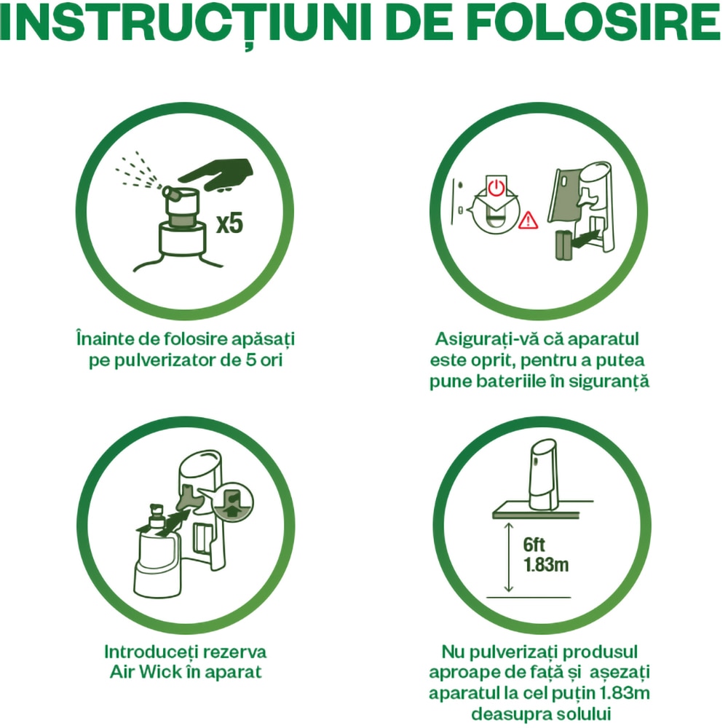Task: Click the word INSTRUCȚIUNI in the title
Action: (185, 23)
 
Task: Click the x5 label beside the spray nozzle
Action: (230, 223)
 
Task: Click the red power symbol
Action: (496, 188)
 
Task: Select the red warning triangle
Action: (528, 221)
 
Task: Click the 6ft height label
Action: (534, 544)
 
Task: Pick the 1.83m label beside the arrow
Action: (546, 565)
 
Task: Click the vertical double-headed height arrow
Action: (509, 557)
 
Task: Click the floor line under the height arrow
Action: (529, 597)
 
